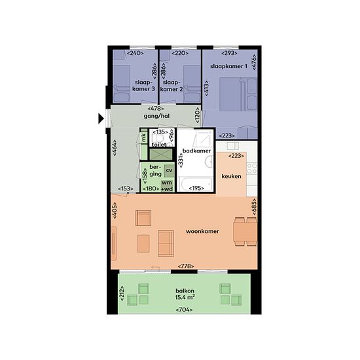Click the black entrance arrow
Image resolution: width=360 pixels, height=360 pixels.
pos(101,118)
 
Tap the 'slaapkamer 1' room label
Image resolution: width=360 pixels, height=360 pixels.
pos(228,66)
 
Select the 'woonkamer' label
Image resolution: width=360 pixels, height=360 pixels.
pos(202,231)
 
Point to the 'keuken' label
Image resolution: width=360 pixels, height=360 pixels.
pos(231,176)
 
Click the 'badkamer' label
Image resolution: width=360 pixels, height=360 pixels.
pos(196,151)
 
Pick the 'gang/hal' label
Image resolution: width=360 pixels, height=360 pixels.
pos(156,116)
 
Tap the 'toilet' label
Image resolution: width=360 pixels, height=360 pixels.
pos(159,145)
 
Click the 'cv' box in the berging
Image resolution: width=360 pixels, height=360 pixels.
pos(169,171)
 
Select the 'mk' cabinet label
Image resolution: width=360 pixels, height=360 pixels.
pos(144,137)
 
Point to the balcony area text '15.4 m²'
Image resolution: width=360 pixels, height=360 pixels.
pos(185,297)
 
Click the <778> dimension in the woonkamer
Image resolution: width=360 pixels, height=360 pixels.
pos(186,266)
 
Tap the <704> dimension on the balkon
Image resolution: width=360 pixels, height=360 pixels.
pos(184,310)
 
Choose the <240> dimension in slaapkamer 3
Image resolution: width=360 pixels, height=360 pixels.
pos(135,53)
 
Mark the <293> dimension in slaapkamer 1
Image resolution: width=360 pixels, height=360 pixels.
pos(229,53)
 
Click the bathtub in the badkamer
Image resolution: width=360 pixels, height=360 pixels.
pos(196,184)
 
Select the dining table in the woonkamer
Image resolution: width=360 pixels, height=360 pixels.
pos(245,232)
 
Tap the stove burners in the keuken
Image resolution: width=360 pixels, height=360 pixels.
pos(251,168)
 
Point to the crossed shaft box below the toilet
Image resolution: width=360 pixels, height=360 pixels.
pos(161,154)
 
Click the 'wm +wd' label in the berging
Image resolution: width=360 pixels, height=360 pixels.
pos(167,186)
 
